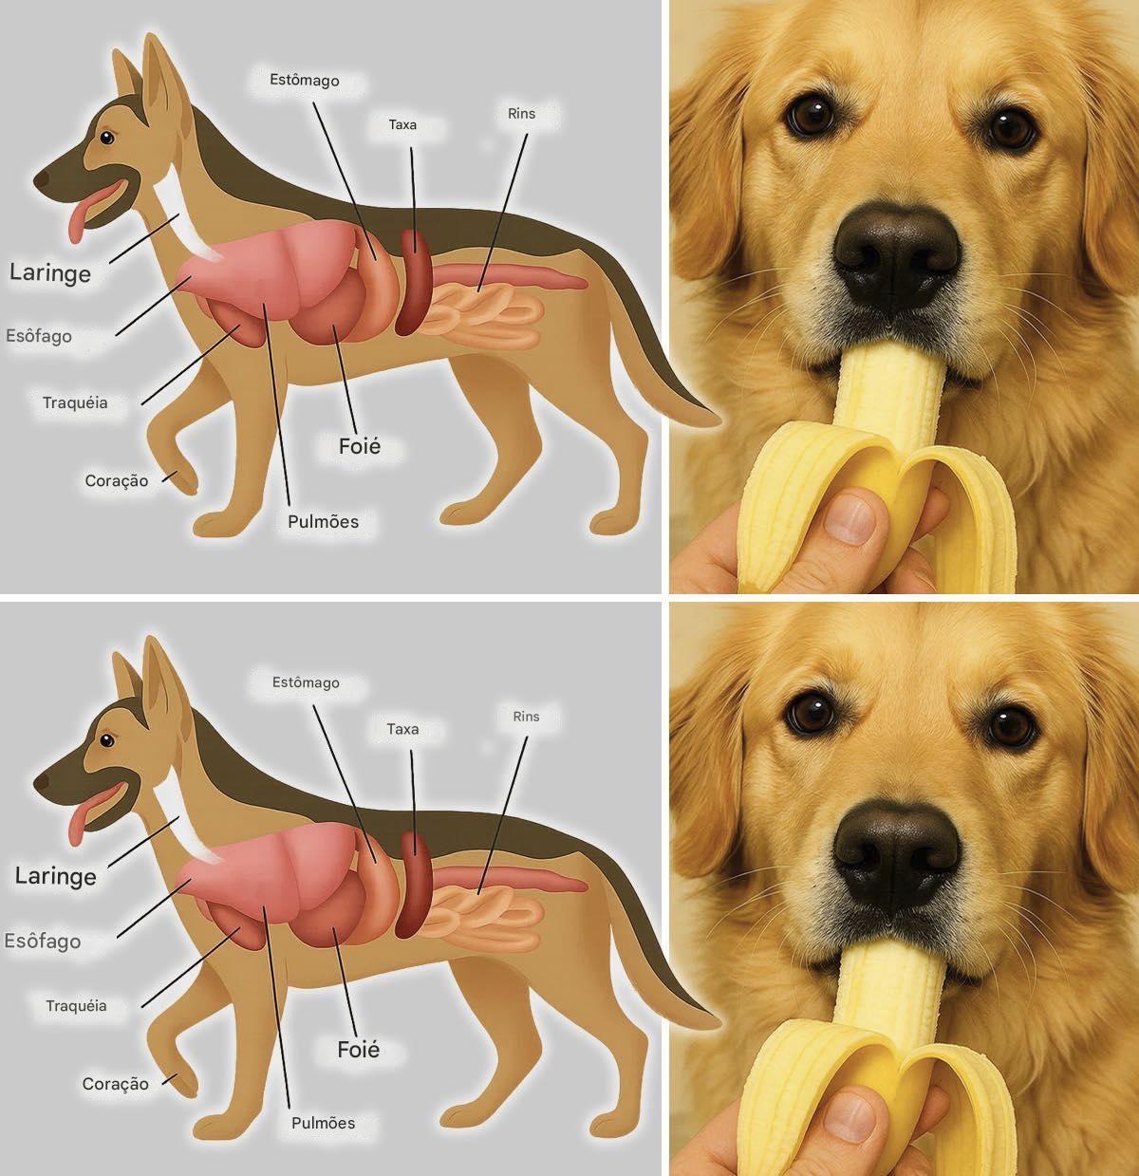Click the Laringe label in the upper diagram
click(50, 272)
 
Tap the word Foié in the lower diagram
click(359, 1049)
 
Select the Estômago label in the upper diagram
click(305, 80)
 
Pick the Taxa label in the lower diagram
click(402, 729)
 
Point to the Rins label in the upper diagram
click(521, 113)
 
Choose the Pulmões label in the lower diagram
click(324, 1123)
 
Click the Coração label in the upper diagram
click(116, 481)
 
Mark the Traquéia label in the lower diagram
click(76, 1005)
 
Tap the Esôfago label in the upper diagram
click(39, 336)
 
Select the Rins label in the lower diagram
click(526, 716)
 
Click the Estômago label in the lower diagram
click(306, 682)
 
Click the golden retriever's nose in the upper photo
click(896, 253)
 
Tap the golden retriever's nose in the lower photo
click(896, 854)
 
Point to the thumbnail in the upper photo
click(850, 515)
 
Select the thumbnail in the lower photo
click(850, 1117)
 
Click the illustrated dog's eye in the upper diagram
click(107, 138)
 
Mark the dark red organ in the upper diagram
click(413, 282)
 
